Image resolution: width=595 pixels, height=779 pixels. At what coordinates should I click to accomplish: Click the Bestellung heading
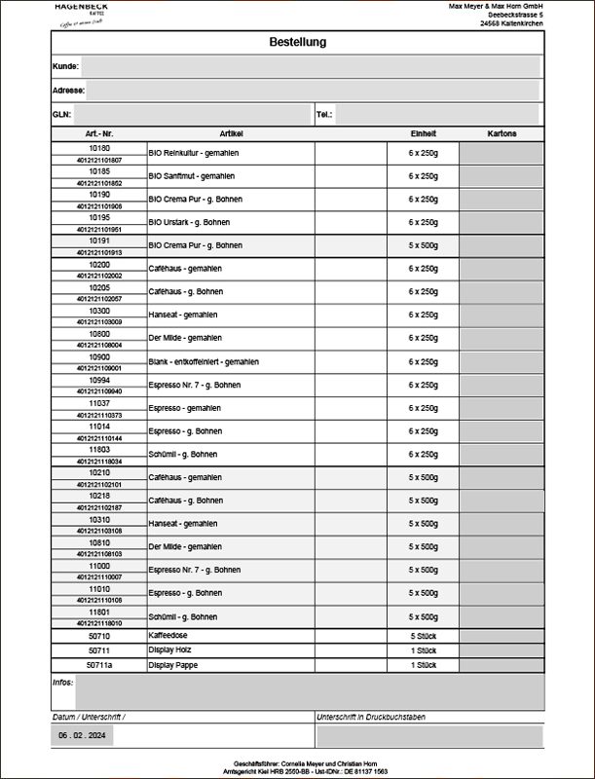[297, 42]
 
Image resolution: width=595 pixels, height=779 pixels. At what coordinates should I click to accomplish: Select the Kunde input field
[310, 66]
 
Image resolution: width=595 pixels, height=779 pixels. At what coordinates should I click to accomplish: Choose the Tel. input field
[437, 115]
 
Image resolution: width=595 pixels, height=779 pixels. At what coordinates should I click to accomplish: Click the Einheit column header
[424, 133]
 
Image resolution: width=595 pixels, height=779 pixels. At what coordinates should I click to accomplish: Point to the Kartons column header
[502, 133]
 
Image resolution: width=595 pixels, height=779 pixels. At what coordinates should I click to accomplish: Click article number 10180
[99, 148]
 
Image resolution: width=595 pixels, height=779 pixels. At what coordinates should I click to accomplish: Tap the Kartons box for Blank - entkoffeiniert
[502, 362]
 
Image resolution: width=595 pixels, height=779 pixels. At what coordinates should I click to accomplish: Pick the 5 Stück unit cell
[424, 635]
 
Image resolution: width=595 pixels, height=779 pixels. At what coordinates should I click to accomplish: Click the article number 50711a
[99, 665]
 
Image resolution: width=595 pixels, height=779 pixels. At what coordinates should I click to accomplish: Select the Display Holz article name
[171, 649]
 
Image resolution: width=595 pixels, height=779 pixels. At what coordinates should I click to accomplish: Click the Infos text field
[310, 691]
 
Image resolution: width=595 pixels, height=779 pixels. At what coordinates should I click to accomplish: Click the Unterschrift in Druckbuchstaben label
[371, 717]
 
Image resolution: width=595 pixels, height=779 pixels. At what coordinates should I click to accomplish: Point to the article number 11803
[99, 450]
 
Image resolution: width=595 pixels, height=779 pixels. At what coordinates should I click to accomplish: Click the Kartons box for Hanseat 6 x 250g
[502, 315]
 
